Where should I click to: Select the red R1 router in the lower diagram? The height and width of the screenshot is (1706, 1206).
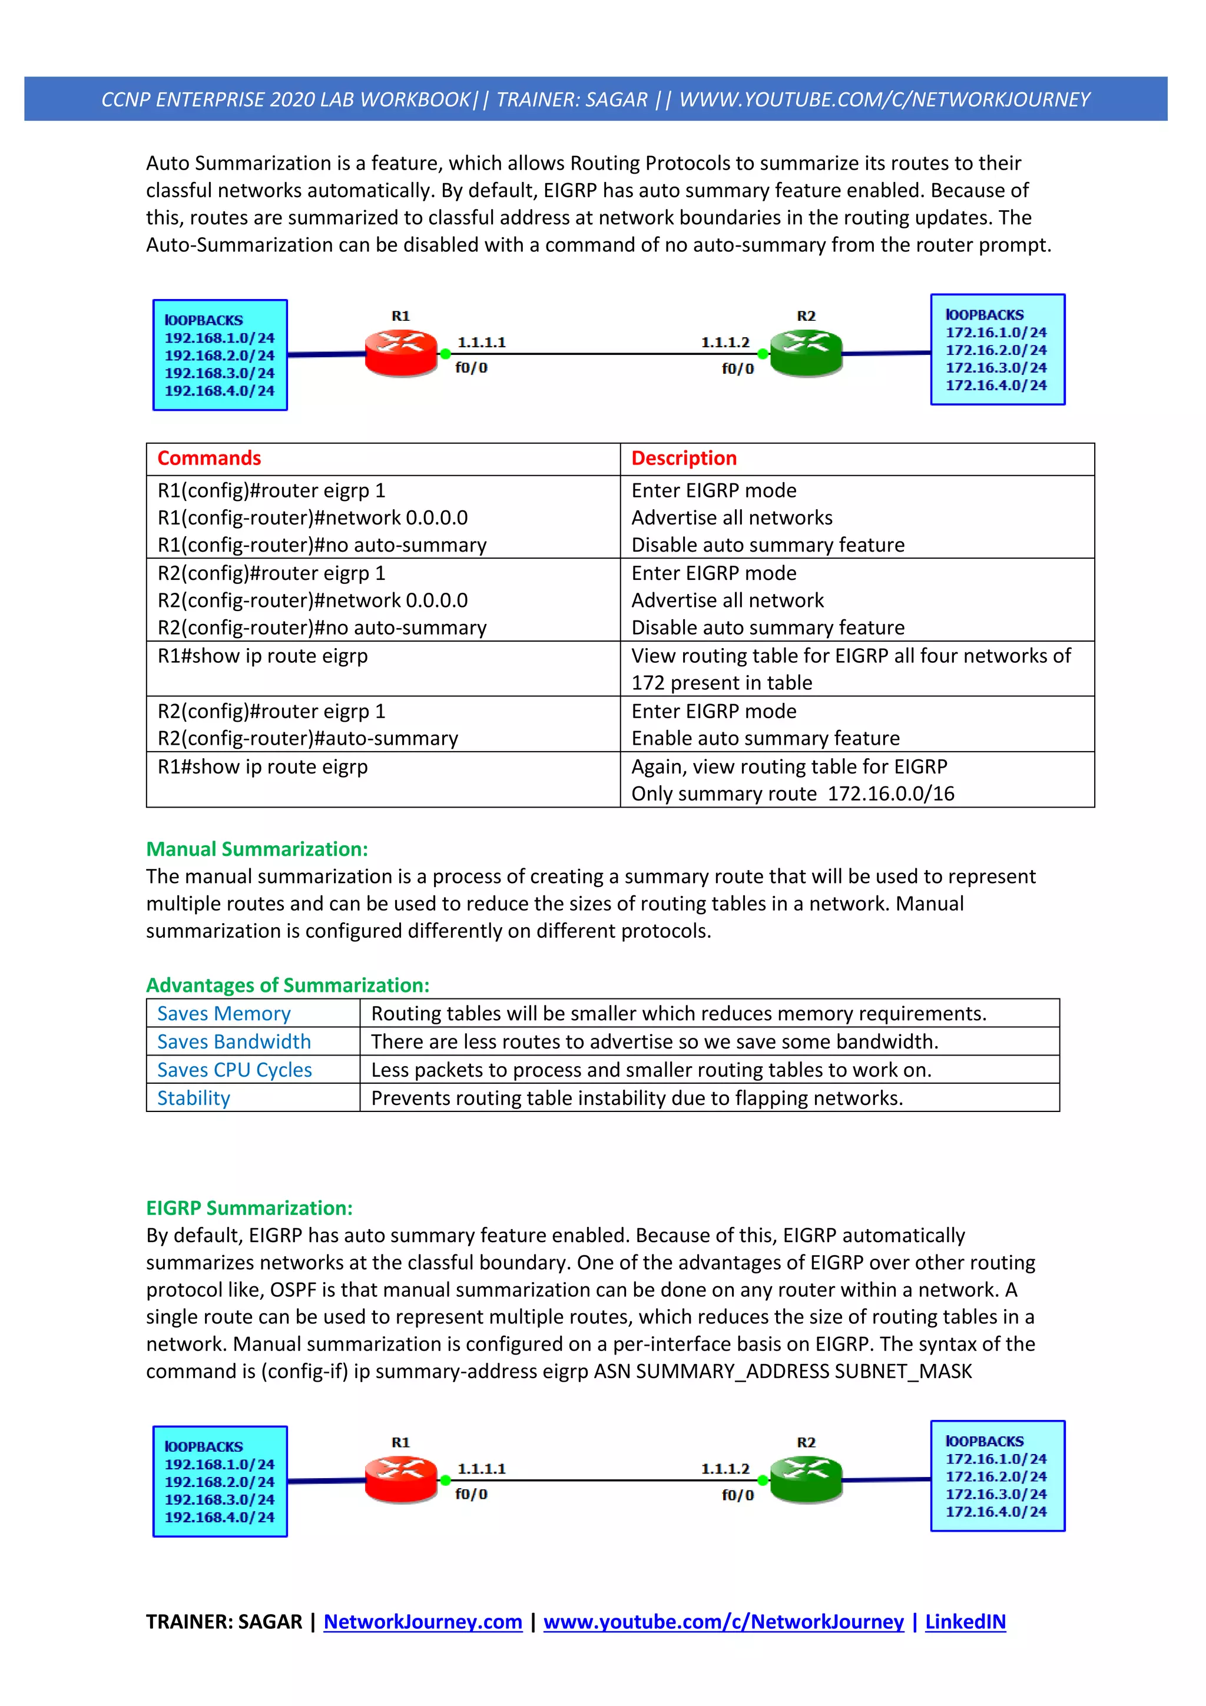tap(400, 1479)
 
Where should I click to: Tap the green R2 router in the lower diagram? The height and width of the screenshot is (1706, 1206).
tap(806, 1479)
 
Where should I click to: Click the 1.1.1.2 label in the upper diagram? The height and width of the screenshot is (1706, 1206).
tap(725, 342)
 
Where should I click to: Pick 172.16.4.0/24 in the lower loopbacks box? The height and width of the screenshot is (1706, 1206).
tap(996, 1511)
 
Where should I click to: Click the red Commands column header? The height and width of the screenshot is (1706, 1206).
tap(209, 459)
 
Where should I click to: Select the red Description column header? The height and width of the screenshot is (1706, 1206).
tap(684, 459)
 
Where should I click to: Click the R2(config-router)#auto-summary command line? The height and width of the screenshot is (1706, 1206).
tap(307, 739)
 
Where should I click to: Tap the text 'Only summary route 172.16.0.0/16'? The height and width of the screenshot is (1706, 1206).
tap(792, 794)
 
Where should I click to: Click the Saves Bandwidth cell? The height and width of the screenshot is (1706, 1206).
tap(234, 1042)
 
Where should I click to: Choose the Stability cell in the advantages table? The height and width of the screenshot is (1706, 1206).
tap(194, 1098)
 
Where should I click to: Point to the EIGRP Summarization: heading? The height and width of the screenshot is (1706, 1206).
tap(249, 1208)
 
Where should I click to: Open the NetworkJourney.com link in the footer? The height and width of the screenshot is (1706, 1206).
tap(423, 1621)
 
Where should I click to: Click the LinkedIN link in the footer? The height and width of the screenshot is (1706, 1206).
tap(965, 1621)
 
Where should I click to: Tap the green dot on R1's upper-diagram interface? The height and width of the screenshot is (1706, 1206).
tap(445, 354)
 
